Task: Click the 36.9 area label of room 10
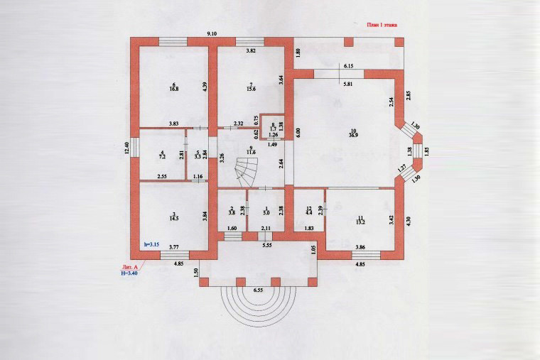[x=352, y=134]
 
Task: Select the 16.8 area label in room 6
[x=173, y=89]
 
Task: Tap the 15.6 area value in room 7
[x=250, y=89]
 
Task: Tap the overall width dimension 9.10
[x=212, y=34]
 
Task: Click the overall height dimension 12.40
[x=126, y=148]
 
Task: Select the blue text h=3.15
[x=151, y=244]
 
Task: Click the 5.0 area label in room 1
[x=266, y=212]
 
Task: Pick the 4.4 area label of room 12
[x=308, y=212]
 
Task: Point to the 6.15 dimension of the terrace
[x=349, y=66]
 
